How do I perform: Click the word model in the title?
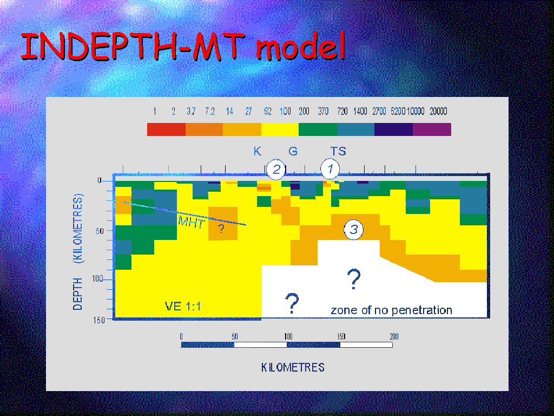pos(300,45)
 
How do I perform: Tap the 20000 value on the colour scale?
pos(438,112)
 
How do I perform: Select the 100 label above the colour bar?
pos(285,112)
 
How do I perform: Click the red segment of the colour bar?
pos(166,129)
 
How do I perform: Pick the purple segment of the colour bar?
pos(432,129)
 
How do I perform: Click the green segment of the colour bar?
pos(318,129)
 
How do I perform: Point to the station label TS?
pos(338,152)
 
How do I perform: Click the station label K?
pos(257,152)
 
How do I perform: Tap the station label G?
pos(293,152)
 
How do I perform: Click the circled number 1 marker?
pos(330,169)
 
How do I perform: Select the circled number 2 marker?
pos(276,170)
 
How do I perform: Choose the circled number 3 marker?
pos(354,229)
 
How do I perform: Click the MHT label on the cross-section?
pos(191,222)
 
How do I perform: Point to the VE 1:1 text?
pos(183,306)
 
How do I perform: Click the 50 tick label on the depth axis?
pos(100,231)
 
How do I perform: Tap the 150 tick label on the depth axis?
pos(99,320)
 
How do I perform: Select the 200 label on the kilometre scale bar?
pos(394,336)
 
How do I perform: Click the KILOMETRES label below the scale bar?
pos(293,368)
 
